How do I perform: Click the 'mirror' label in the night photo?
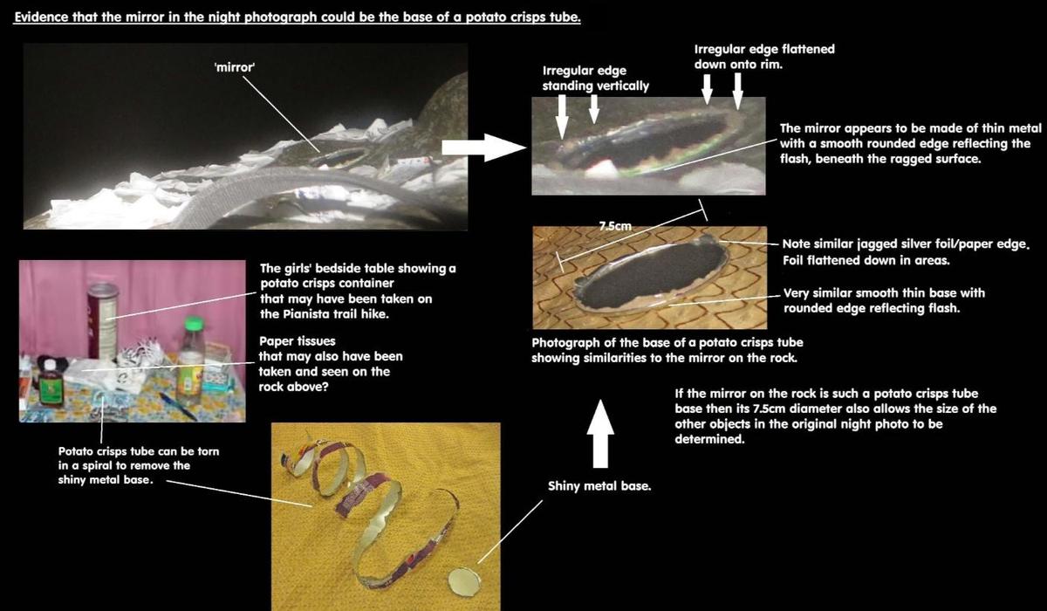pyautogui.click(x=234, y=67)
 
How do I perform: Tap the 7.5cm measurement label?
pyautogui.click(x=615, y=226)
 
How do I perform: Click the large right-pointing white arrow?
pyautogui.click(x=483, y=148)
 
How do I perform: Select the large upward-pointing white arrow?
pyautogui.click(x=600, y=434)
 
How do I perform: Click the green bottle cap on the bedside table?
pyautogui.click(x=194, y=324)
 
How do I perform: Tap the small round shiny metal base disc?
pyautogui.click(x=464, y=581)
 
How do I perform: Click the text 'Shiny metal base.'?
pyautogui.click(x=599, y=486)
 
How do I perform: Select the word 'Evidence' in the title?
pyautogui.click(x=41, y=17)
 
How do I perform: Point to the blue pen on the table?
pyautogui.click(x=178, y=406)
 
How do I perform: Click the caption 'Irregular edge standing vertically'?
pyautogui.click(x=595, y=78)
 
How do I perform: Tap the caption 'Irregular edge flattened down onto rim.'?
pyautogui.click(x=764, y=57)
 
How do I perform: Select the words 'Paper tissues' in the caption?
pyautogui.click(x=298, y=340)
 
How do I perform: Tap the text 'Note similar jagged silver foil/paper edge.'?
pyautogui.click(x=906, y=244)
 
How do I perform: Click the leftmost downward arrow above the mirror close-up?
pyautogui.click(x=562, y=117)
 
